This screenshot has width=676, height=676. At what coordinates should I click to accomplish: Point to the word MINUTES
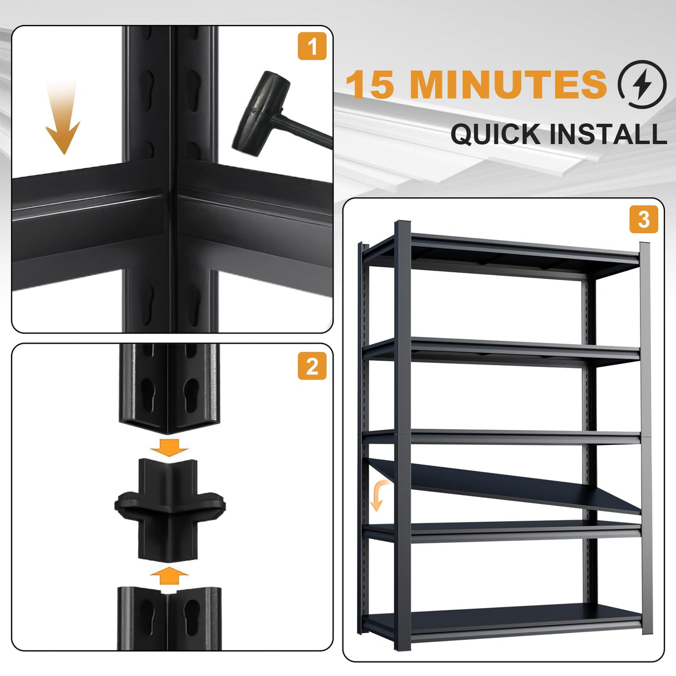[x=508, y=85]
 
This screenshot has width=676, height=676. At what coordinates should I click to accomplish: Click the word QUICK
[x=496, y=134]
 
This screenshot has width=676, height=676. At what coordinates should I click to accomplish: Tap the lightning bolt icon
[x=641, y=85]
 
